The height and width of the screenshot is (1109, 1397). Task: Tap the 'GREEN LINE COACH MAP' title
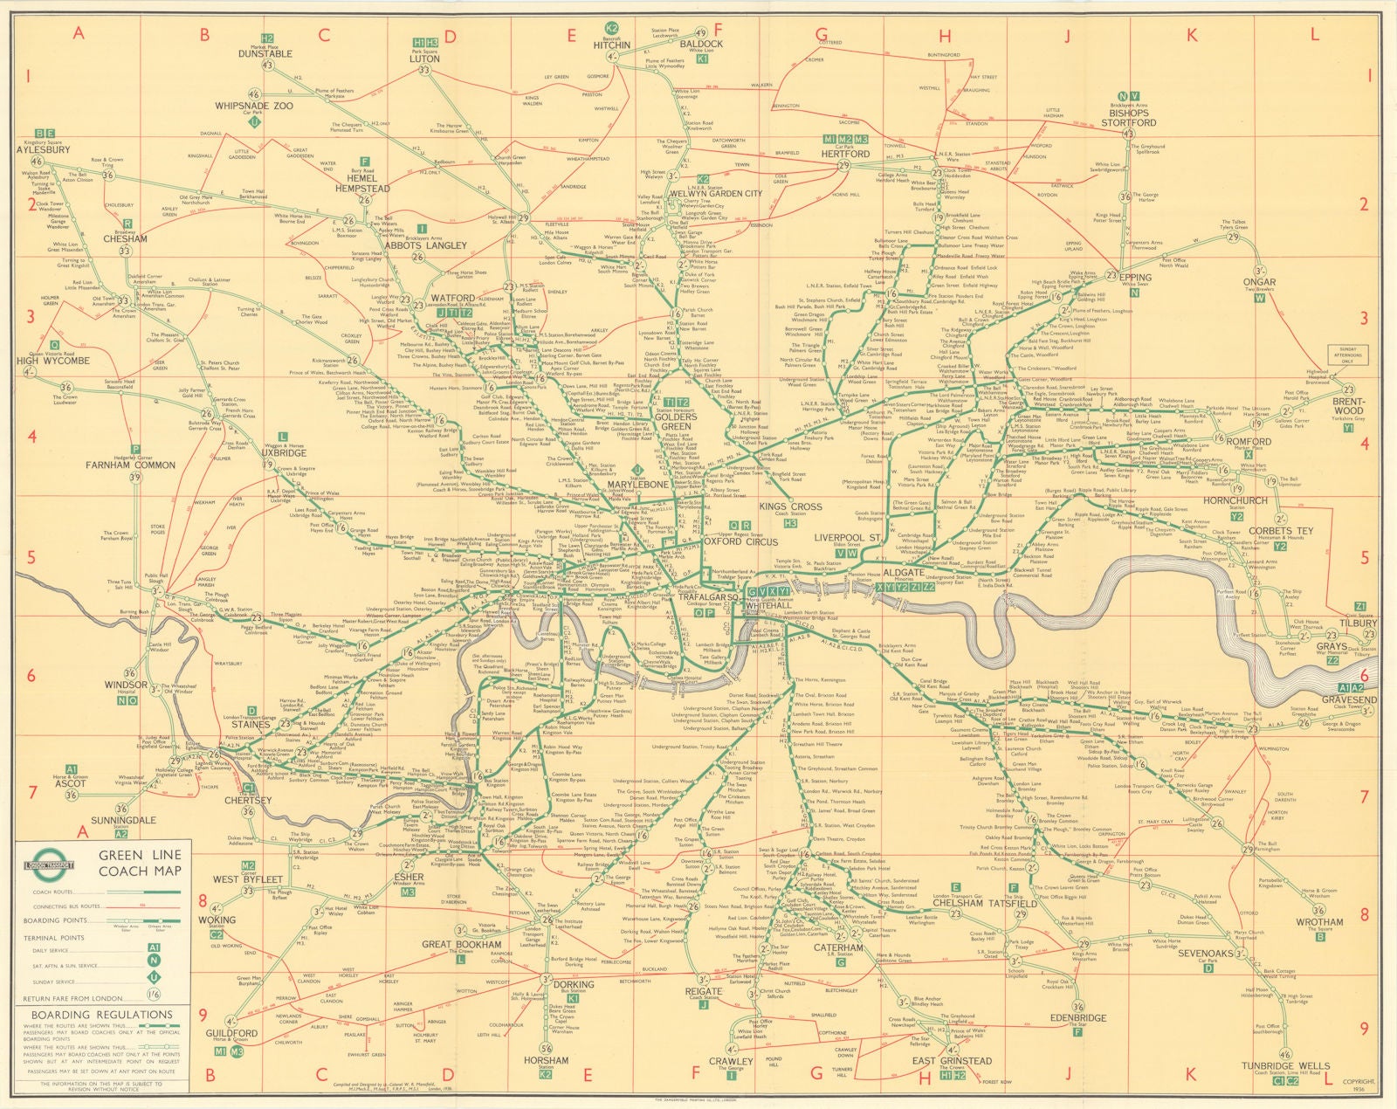point(140,864)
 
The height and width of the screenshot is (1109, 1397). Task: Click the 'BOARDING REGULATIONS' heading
point(101,1015)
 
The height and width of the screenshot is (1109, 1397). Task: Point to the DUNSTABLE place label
point(265,53)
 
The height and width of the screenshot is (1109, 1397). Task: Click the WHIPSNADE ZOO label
point(255,106)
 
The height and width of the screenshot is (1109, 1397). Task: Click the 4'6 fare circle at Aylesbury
point(37,162)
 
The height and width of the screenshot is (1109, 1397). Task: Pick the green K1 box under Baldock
point(703,59)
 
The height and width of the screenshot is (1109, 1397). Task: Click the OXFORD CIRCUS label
point(740,541)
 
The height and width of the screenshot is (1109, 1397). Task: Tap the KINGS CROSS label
point(789,506)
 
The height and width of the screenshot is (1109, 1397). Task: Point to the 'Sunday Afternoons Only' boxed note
point(1348,355)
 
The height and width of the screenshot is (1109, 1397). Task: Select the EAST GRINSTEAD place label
point(952,1061)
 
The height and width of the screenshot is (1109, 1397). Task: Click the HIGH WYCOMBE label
point(53,360)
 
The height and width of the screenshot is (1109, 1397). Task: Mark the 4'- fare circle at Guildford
point(231,1021)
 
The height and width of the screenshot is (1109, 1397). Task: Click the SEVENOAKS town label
point(1205,954)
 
